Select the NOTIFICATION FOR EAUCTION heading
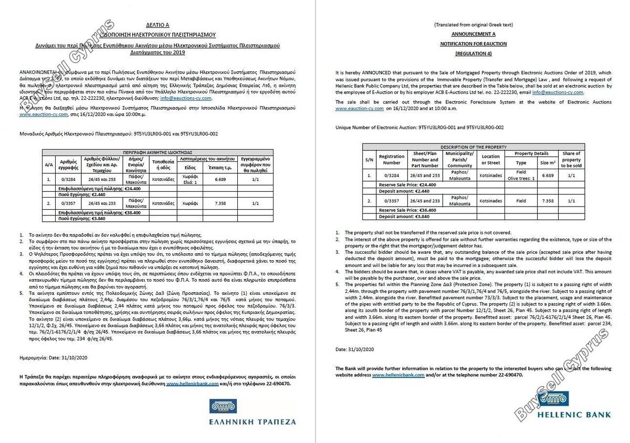(474, 44)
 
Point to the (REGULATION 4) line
(474, 54)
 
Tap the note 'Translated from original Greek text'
(473, 25)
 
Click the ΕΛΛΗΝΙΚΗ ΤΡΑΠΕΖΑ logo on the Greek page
(253, 413)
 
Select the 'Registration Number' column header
(392, 159)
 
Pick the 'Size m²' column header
(548, 162)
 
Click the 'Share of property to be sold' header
(571, 159)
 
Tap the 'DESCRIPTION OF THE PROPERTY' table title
(473, 147)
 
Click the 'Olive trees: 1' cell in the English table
(521, 178)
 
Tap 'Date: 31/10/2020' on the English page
(354, 349)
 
